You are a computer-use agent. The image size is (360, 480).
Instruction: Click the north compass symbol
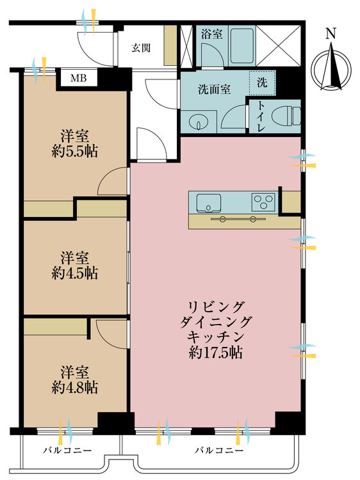[x=331, y=66]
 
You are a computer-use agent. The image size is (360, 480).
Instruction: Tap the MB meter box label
[x=78, y=78]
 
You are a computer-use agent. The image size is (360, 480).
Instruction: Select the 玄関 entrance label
[x=141, y=48]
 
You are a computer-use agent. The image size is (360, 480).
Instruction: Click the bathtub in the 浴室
[x=241, y=46]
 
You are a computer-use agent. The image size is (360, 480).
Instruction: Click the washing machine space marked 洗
[x=262, y=83]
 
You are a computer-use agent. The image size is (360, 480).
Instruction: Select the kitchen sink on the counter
[x=209, y=203]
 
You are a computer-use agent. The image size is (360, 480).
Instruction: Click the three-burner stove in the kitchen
[x=263, y=202]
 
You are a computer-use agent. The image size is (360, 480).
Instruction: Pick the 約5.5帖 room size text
[x=75, y=151]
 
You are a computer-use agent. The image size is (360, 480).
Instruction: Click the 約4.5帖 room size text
[x=75, y=273]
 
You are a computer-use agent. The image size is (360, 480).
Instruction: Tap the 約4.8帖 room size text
[x=75, y=388]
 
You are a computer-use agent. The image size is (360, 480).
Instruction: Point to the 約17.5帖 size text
[x=216, y=353]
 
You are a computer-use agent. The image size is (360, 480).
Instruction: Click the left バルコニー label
[x=67, y=451]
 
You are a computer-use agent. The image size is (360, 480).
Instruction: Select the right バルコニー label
[x=219, y=451]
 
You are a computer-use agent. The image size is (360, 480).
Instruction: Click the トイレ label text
[x=261, y=116]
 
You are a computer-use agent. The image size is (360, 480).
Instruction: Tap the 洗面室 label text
[x=214, y=90]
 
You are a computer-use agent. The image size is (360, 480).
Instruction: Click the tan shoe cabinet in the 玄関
[x=170, y=45]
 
